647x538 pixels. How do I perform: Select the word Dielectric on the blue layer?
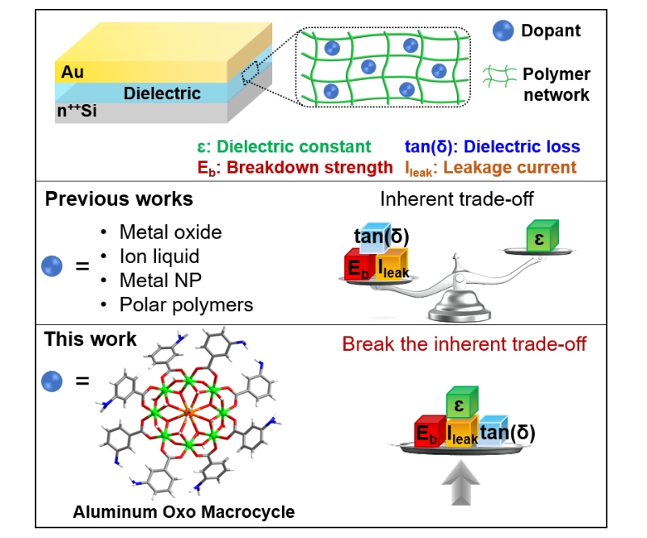162,94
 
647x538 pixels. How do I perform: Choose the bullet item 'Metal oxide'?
169,232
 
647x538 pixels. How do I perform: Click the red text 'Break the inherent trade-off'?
464,344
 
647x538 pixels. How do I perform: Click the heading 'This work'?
91,339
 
